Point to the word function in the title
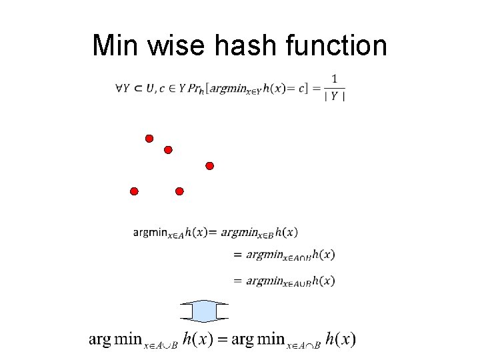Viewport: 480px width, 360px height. [x=336, y=45]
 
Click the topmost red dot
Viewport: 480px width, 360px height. [x=149, y=139]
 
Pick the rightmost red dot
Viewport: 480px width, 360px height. [x=209, y=165]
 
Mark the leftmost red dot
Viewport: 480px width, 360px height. [x=134, y=191]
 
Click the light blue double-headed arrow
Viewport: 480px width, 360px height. [x=204, y=311]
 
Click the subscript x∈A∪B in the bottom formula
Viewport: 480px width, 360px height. [x=161, y=345]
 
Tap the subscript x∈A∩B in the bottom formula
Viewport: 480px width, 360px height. [x=304, y=345]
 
